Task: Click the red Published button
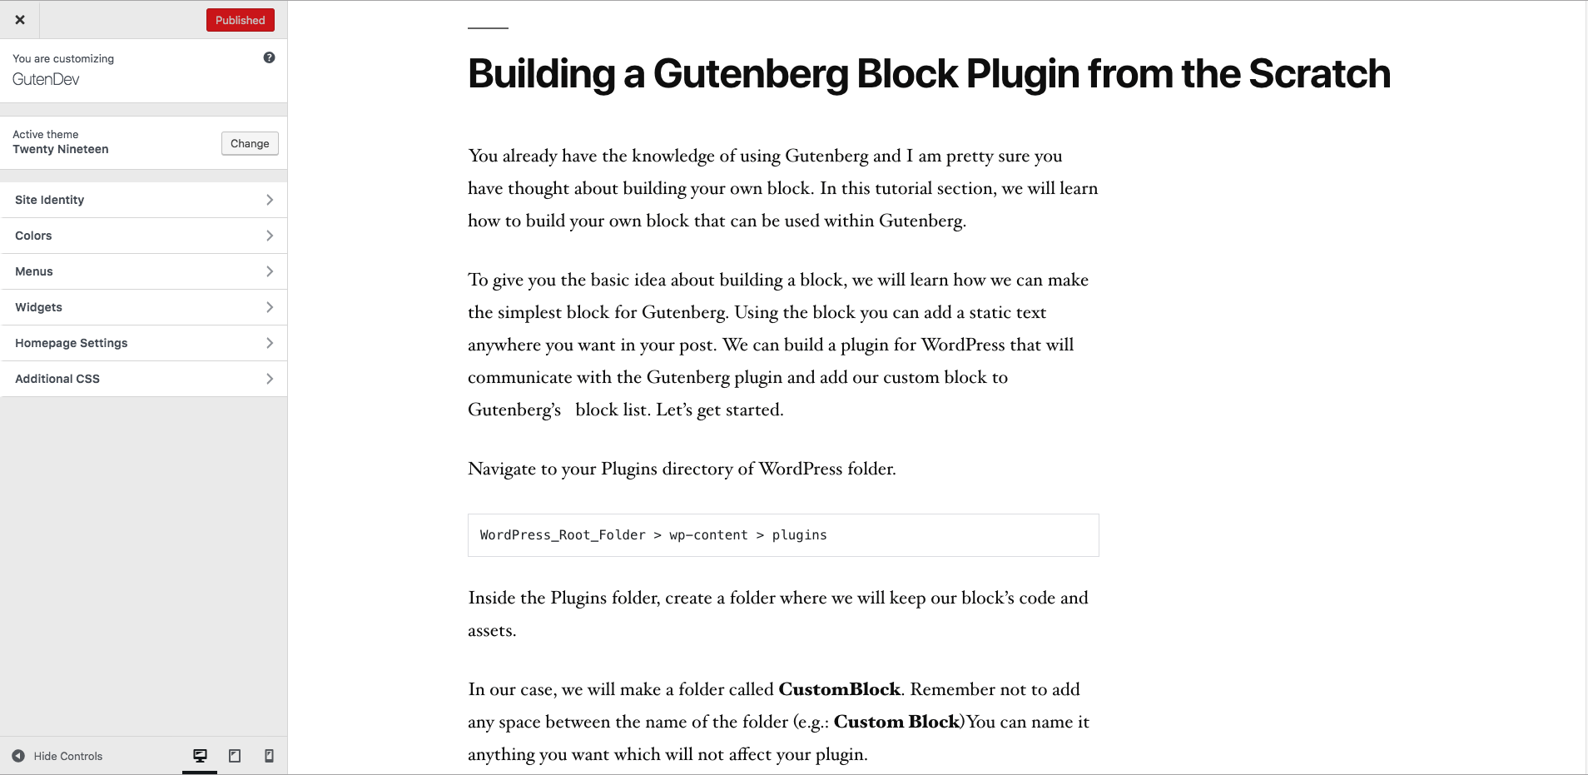(x=240, y=20)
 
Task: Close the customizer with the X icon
(x=20, y=20)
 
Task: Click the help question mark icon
(x=269, y=57)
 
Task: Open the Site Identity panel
(x=144, y=200)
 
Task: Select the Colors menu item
(x=144, y=236)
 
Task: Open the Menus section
(x=144, y=271)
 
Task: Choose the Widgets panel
(x=144, y=307)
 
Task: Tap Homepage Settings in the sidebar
(x=144, y=343)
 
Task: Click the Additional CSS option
(x=144, y=379)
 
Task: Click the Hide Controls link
(x=58, y=756)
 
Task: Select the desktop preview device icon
(x=200, y=756)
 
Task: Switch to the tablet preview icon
(x=235, y=756)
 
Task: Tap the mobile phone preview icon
(x=269, y=756)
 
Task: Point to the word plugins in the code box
(x=799, y=535)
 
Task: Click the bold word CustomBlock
(x=839, y=689)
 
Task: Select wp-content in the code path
(x=708, y=535)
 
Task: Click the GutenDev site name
(x=46, y=79)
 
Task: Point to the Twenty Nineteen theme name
(x=61, y=149)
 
